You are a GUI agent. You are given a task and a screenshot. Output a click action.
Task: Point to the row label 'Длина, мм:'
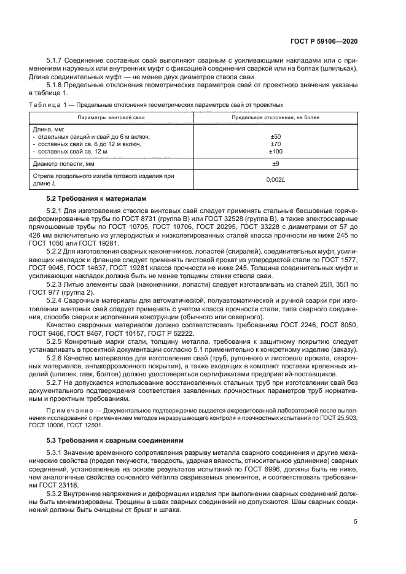(x=47, y=129)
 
